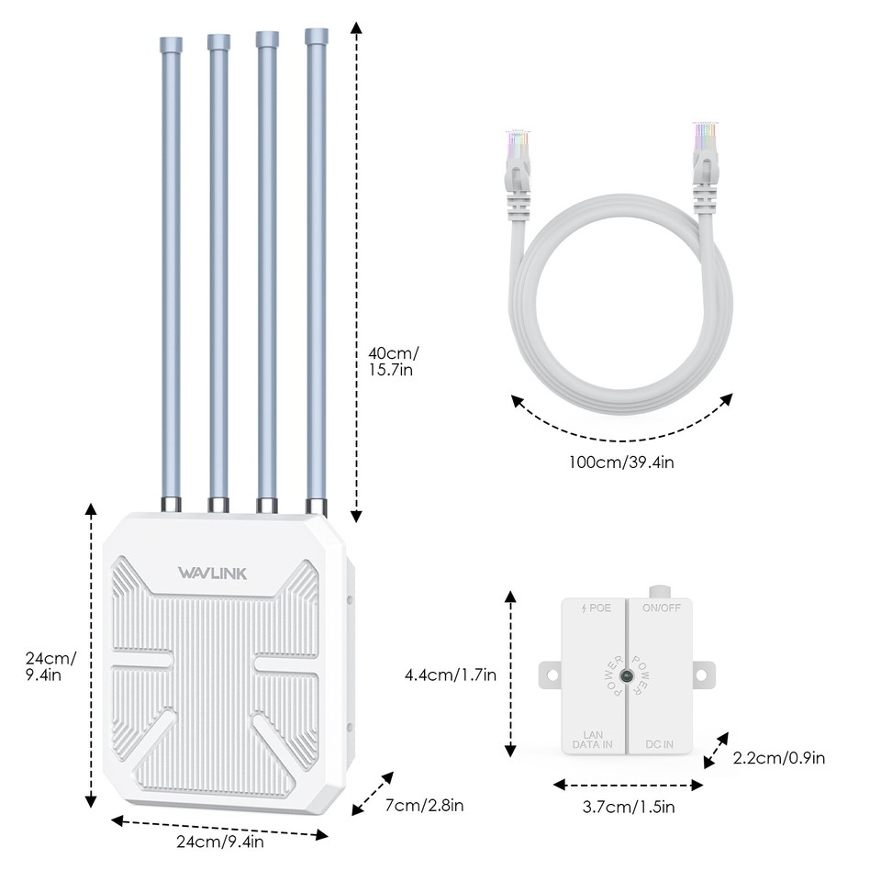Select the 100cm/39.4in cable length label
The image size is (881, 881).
click(621, 462)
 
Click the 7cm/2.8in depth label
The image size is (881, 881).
click(424, 806)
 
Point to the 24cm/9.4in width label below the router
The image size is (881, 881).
click(220, 842)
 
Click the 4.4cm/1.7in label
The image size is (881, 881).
click(451, 675)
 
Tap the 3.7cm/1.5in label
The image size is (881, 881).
click(629, 808)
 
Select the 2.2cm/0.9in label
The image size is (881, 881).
click(778, 758)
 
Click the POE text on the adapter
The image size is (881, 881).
click(597, 608)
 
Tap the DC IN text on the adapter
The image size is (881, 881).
click(661, 744)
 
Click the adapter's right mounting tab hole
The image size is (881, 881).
click(702, 675)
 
